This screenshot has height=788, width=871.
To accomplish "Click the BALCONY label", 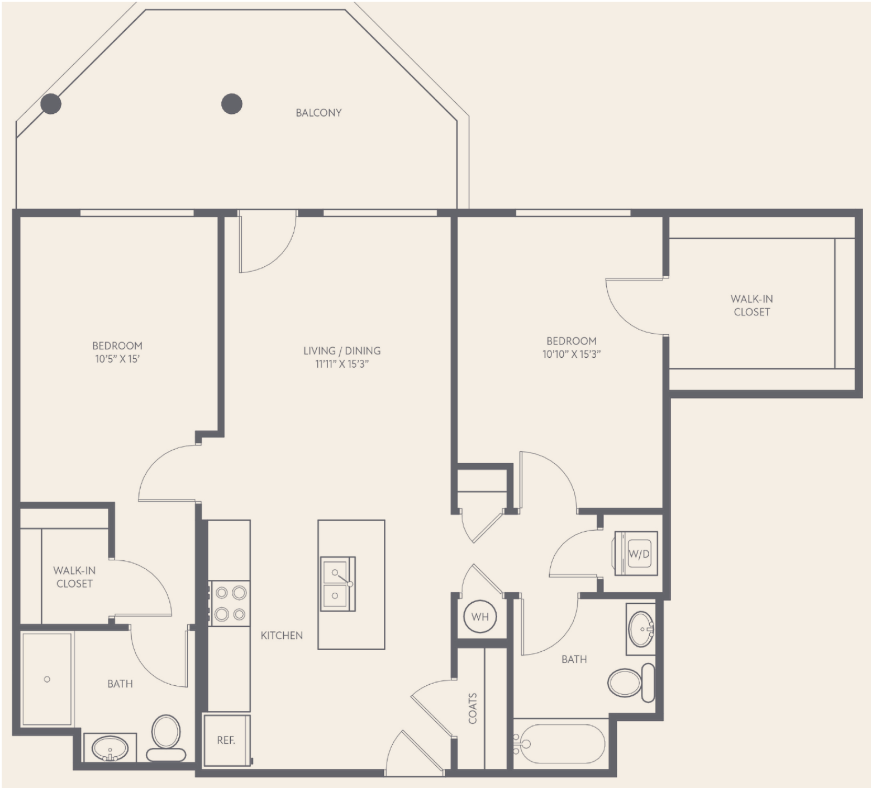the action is [x=318, y=113].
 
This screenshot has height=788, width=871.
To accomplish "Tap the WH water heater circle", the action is [x=480, y=617].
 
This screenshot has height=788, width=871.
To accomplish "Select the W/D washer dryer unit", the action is [x=636, y=553].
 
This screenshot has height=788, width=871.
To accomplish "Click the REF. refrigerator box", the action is [x=226, y=740].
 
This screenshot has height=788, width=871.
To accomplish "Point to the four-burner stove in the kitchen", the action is [x=230, y=603].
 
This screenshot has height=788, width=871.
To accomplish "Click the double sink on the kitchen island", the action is [x=337, y=584].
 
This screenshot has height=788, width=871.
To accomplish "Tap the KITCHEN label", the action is [x=282, y=635].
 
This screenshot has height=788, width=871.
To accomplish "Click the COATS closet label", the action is [x=473, y=708].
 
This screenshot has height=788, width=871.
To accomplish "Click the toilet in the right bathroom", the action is [x=631, y=683].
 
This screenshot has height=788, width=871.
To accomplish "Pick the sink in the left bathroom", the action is [x=110, y=748].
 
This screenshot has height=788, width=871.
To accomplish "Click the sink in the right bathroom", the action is [x=640, y=629].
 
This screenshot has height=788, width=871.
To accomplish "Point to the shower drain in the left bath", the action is [x=47, y=679].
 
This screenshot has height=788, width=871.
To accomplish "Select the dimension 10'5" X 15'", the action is [x=117, y=359].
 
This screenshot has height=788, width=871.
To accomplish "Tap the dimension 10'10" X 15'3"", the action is [x=572, y=354].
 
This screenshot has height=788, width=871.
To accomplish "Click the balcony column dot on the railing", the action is [x=51, y=104].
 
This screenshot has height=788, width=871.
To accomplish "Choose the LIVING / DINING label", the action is [x=342, y=351].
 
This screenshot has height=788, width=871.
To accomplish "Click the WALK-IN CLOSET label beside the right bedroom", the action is [x=752, y=305].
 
